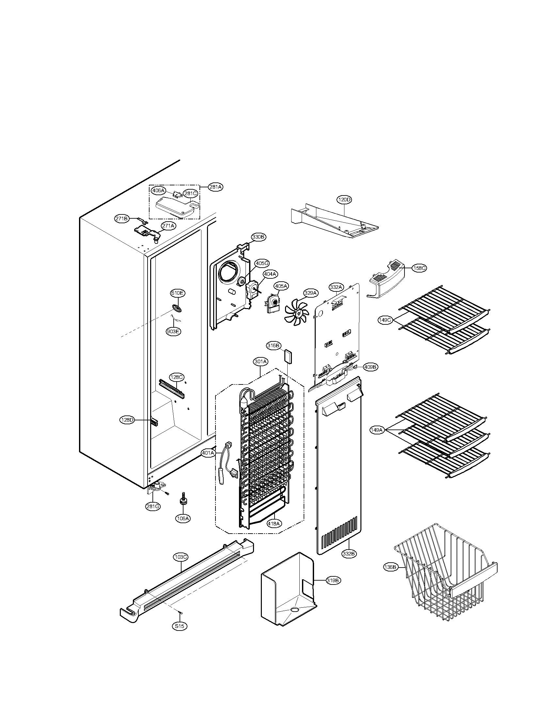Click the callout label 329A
point(310,293)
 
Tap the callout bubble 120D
point(344,199)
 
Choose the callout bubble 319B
point(333,581)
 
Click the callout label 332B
point(349,554)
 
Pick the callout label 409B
point(370,367)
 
